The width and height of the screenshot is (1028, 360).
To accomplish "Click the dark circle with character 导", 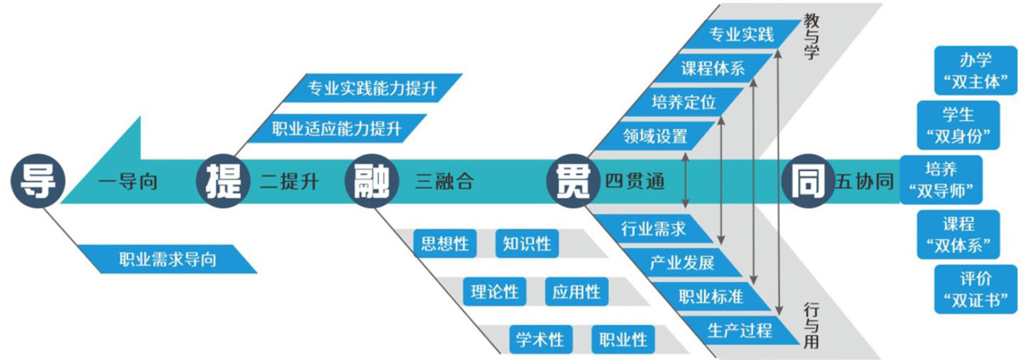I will point(37,181).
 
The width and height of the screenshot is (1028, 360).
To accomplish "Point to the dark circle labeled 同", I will point(806,181).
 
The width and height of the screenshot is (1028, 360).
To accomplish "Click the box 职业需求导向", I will point(167,259).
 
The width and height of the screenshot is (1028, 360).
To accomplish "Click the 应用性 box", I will point(575,292).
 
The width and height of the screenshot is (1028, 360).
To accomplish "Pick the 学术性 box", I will point(540,340).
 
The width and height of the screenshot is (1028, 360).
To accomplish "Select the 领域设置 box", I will point(655,135).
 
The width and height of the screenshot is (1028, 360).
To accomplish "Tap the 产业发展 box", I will point(682,263).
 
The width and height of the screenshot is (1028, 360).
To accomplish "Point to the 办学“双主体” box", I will point(975,71).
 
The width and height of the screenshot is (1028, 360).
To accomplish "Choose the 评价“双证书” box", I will point(975,289).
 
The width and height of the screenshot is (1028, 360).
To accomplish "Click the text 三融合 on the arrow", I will point(445,182).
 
